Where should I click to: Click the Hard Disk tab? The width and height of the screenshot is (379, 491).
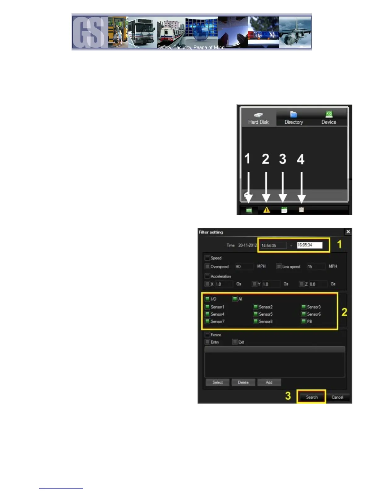pyautogui.click(x=258, y=118)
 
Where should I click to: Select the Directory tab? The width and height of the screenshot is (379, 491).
pyautogui.click(x=294, y=118)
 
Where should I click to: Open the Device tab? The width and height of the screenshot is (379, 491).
pyautogui.click(x=329, y=118)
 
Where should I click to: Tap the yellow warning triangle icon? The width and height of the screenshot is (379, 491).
pyautogui.click(x=266, y=210)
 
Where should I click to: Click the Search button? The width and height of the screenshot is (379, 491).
pyautogui.click(x=311, y=397)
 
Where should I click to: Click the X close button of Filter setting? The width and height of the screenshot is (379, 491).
pyautogui.click(x=348, y=232)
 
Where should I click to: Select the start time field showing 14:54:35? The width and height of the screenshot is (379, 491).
pyautogui.click(x=273, y=245)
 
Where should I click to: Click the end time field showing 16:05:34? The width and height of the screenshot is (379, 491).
pyautogui.click(x=309, y=245)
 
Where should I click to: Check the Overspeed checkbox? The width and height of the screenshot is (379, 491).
pyautogui.click(x=207, y=266)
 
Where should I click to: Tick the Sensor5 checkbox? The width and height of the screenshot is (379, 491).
pyautogui.click(x=255, y=314)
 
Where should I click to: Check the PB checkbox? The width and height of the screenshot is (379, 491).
pyautogui.click(x=303, y=321)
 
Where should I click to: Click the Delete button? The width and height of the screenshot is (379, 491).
pyautogui.click(x=243, y=382)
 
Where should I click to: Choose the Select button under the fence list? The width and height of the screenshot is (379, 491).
pyautogui.click(x=217, y=382)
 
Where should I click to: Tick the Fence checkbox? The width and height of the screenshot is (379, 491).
pyautogui.click(x=207, y=335)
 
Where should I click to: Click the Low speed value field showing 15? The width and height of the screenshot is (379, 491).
pyautogui.click(x=316, y=267)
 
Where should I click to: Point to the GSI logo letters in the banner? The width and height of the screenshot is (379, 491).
pyautogui.click(x=90, y=32)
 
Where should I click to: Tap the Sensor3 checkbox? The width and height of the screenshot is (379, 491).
pyautogui.click(x=303, y=307)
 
